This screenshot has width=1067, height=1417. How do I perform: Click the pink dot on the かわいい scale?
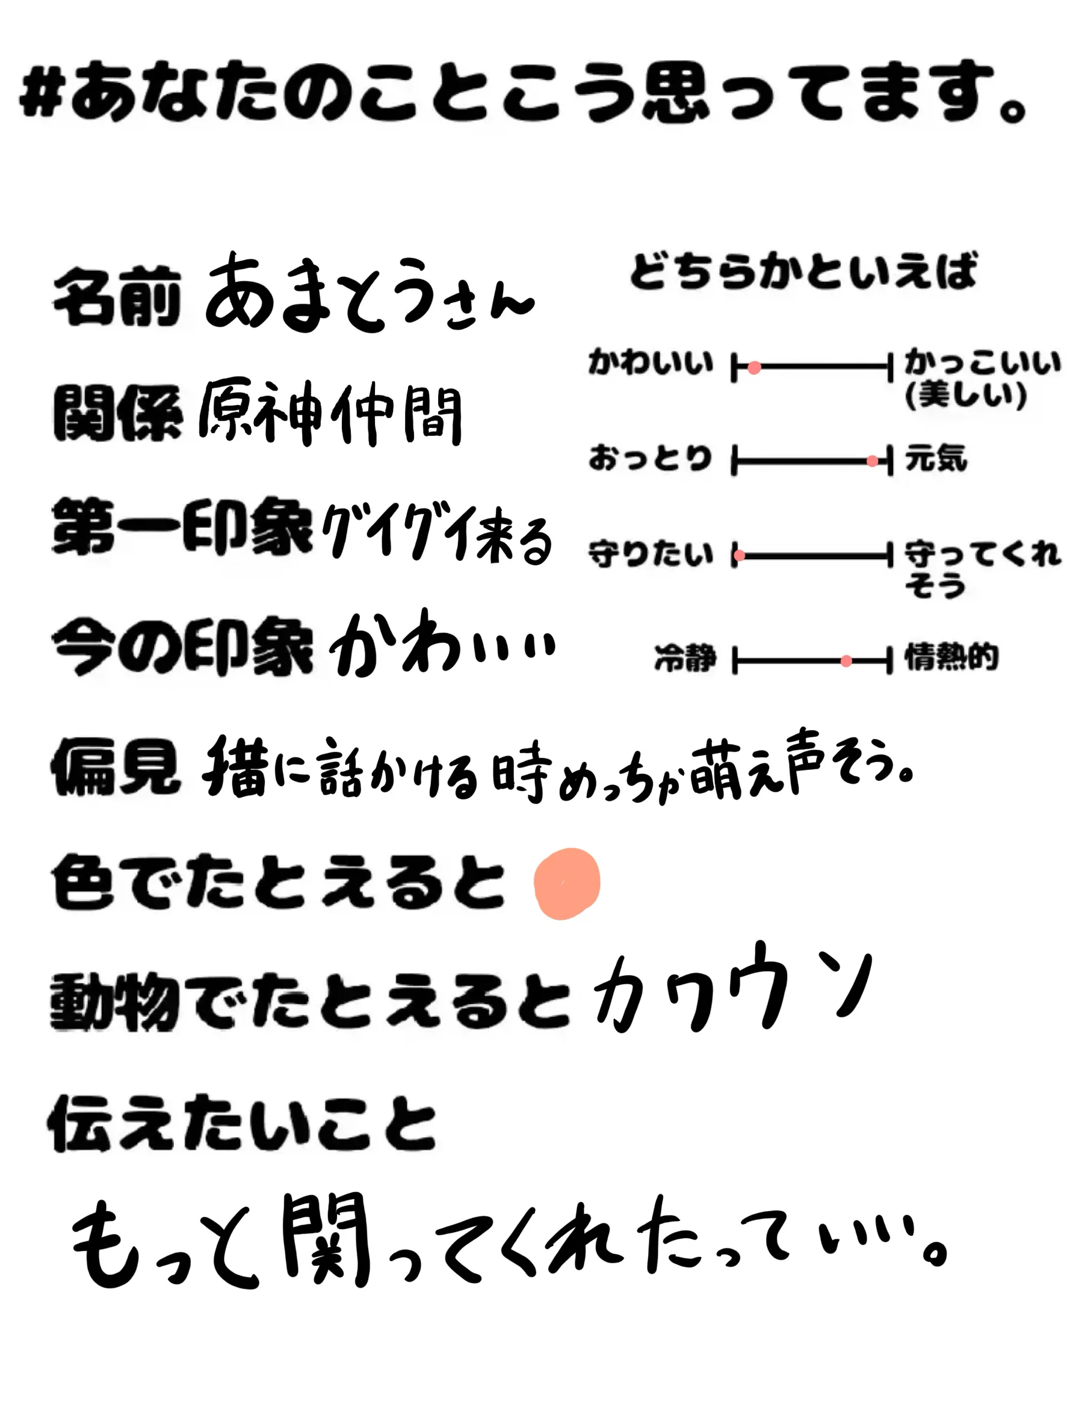point(755,368)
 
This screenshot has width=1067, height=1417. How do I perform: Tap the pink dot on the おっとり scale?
point(871,461)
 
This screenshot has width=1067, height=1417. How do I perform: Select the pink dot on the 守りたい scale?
point(740,556)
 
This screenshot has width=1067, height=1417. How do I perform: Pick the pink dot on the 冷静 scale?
point(846,661)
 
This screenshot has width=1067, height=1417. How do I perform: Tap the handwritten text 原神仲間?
point(330,413)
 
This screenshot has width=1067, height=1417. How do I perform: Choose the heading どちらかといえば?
point(803,271)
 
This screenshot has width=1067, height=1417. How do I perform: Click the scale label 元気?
point(935,459)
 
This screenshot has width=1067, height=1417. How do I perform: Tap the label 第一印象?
point(182,527)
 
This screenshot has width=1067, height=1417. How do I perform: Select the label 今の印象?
point(182,647)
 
